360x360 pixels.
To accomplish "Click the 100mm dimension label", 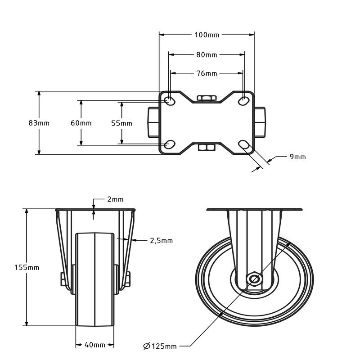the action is coord(207,35).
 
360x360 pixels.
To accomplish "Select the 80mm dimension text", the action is coord(207,55).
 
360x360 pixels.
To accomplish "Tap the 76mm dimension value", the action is coord(207,73).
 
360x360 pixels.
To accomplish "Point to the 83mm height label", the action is coord(39,123).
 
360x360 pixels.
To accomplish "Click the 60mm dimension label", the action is coord(81,123).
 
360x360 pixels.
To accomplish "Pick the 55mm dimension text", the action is coord(121,123).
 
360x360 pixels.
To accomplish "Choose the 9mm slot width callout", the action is coord(297,157).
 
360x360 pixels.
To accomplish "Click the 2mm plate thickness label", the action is coord(115,199).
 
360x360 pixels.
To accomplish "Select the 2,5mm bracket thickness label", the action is coord(161,241).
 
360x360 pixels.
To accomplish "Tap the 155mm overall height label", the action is coord(27,267).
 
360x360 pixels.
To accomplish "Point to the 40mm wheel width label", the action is coord(95,345).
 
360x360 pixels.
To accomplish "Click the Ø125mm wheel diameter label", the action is coord(160,346).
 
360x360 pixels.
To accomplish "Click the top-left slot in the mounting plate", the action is coord(170,100).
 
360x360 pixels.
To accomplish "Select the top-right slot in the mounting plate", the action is coord(243,100).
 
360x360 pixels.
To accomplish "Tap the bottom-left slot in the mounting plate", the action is coord(170,144).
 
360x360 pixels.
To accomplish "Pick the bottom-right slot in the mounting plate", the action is coord(243,144).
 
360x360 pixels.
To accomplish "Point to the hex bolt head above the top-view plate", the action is coord(207,98).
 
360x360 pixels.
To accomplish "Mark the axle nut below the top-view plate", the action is coord(207,147).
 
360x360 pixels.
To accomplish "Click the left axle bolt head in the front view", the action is coord(63,279).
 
